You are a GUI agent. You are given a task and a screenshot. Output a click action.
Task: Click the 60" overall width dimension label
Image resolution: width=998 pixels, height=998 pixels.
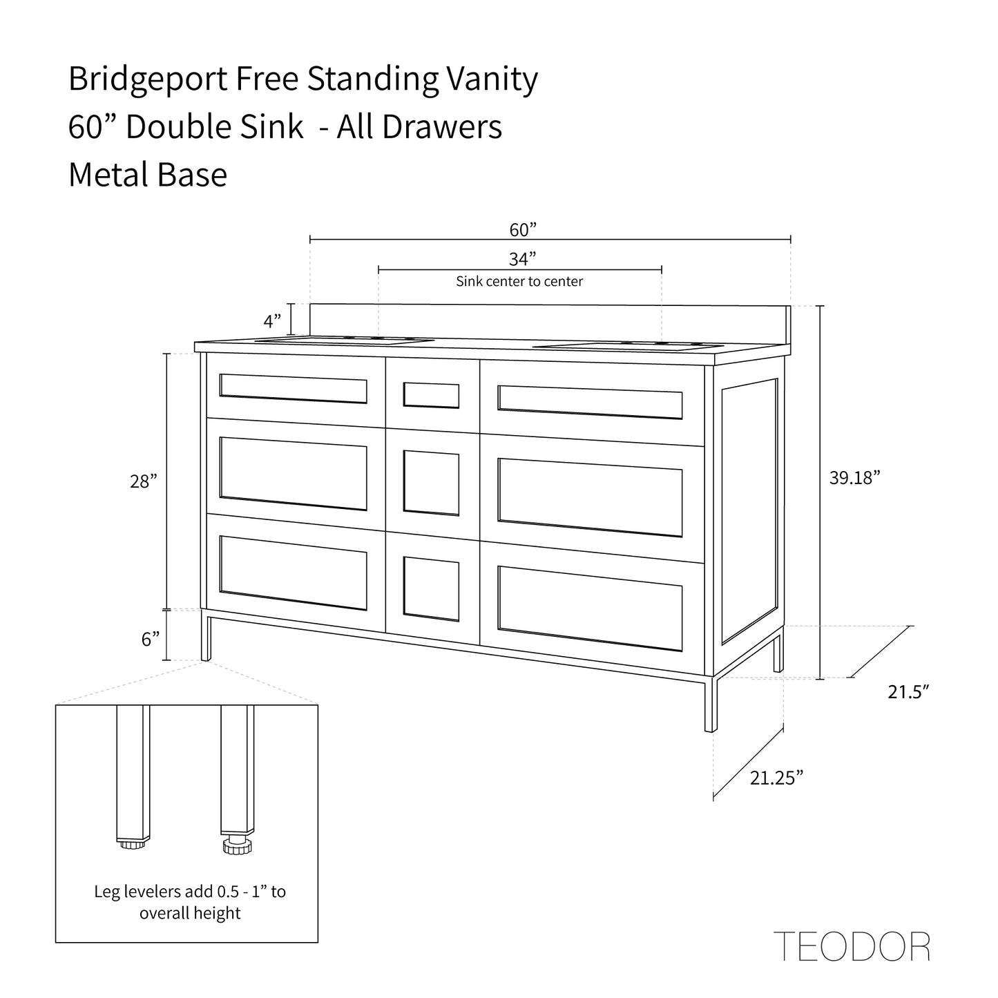[x=523, y=229]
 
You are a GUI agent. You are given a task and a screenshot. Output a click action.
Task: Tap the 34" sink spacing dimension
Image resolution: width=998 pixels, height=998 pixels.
[x=523, y=259]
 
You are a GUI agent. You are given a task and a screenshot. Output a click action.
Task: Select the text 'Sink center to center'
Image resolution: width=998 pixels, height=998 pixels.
[x=519, y=281]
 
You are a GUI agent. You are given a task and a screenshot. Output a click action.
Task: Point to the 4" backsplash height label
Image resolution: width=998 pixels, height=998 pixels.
[x=272, y=321]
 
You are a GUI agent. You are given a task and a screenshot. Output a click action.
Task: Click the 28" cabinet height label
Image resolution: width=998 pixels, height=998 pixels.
[x=144, y=481]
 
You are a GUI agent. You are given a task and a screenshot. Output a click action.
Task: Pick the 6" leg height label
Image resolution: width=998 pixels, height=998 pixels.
[x=151, y=640]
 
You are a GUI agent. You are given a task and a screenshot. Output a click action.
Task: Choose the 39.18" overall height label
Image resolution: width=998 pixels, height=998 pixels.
[x=855, y=477]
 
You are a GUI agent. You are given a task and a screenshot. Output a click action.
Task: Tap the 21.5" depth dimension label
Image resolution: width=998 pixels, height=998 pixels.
[x=909, y=692]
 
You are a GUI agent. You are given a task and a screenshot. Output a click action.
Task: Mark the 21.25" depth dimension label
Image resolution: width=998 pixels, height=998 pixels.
[x=777, y=778]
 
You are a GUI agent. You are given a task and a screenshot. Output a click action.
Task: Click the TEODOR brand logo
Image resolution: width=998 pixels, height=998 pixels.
[x=852, y=946]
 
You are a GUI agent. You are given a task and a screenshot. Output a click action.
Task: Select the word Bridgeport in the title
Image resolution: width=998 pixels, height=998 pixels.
[x=148, y=79]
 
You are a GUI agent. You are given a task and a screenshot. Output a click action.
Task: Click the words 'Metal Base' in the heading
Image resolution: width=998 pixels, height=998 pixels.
[x=148, y=175]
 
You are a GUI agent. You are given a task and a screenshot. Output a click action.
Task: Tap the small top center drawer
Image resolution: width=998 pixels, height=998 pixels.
[x=432, y=395]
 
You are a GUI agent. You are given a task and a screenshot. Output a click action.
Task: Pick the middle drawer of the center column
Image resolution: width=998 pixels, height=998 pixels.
[x=432, y=483]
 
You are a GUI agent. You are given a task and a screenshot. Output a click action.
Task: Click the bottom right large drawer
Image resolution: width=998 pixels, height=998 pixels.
[x=590, y=608]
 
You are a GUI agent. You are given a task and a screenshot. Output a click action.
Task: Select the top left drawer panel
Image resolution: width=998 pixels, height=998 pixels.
[x=293, y=388]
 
